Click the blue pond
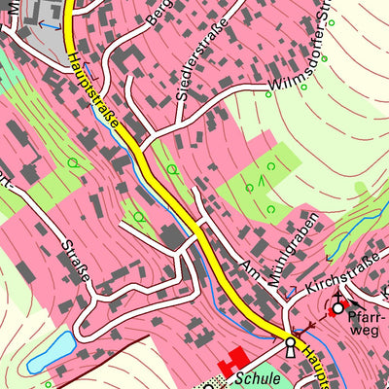point(52,351)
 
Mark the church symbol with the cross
point(338,306)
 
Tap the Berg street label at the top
point(156,13)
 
